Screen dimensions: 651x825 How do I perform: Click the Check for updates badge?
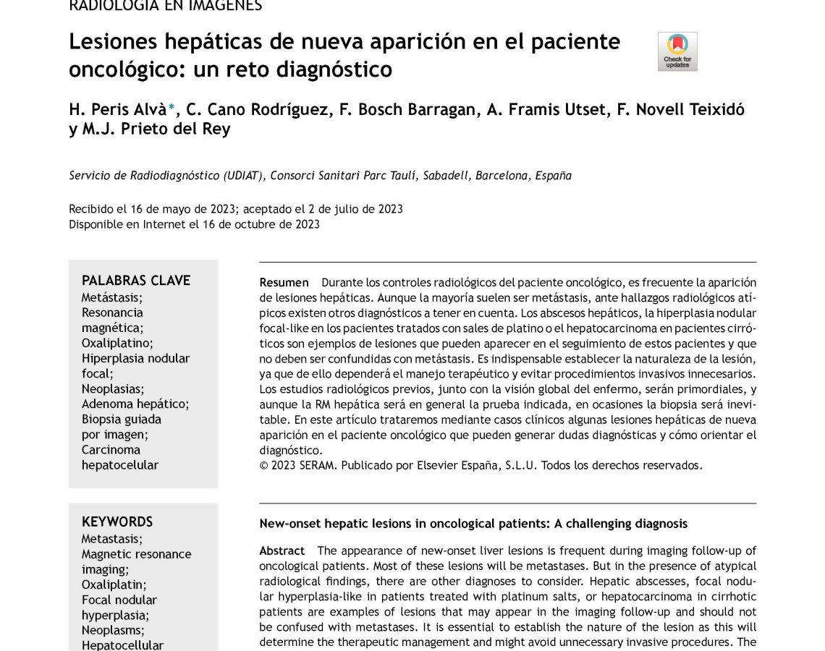[x=677, y=51]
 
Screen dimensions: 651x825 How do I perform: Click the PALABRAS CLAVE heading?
[x=135, y=281]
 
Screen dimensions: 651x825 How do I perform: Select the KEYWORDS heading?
[x=117, y=522]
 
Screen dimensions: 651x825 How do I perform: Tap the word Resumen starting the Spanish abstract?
[x=284, y=282]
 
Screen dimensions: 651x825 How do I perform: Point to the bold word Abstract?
[x=282, y=550]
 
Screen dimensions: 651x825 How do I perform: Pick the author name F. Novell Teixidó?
[x=680, y=109]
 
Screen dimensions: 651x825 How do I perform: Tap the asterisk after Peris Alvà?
[x=172, y=108]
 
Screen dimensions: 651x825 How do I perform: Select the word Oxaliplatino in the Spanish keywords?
[x=117, y=343]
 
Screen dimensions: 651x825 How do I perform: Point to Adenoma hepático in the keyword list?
[x=135, y=404]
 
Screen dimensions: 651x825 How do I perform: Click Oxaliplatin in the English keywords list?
[x=113, y=584]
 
